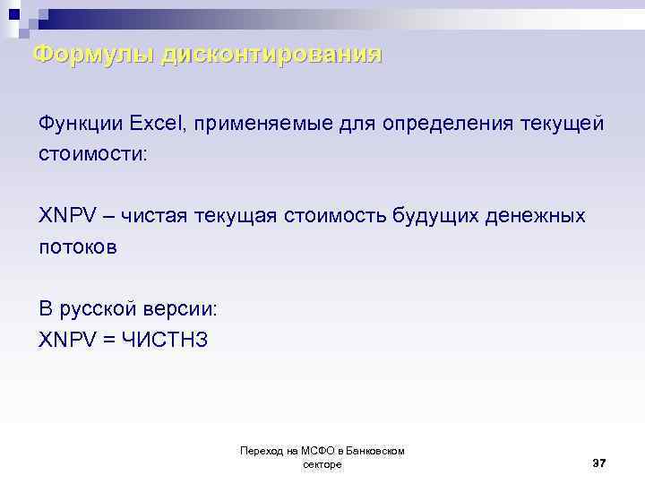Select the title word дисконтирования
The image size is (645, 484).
point(272,55)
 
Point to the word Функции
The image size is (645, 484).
point(80,122)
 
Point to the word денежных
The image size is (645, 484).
point(542,216)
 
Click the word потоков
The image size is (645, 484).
point(77,247)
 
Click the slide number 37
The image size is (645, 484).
point(599,462)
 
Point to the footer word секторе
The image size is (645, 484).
point(322,464)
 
